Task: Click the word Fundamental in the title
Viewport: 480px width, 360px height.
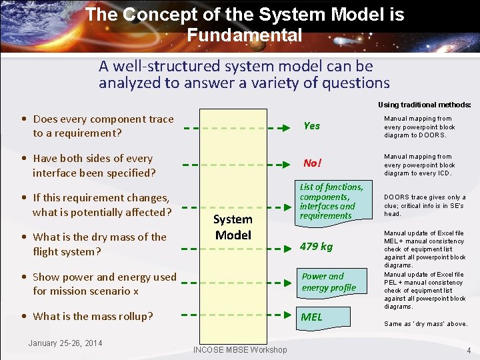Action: tap(245, 35)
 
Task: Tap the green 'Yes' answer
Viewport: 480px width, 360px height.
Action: tap(311, 126)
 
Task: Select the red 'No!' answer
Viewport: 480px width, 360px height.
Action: tap(311, 163)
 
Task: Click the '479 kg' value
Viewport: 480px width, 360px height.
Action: tap(316, 247)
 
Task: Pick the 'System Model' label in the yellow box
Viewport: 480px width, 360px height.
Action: tap(233, 227)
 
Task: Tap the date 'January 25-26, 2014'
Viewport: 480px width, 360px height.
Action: tap(65, 343)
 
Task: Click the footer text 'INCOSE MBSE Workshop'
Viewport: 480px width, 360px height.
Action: tap(240, 350)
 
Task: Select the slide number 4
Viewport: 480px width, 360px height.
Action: tap(469, 351)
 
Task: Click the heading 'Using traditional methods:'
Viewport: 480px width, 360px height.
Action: tap(425, 105)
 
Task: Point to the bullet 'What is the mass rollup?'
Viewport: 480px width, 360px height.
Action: tap(93, 316)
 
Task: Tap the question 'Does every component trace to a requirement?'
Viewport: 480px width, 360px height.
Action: tap(103, 126)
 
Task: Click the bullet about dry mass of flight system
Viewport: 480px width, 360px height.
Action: tap(99, 244)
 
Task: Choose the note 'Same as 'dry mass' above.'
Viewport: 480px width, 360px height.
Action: tap(425, 324)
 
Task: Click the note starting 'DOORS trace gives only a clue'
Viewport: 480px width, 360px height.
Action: tap(425, 205)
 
